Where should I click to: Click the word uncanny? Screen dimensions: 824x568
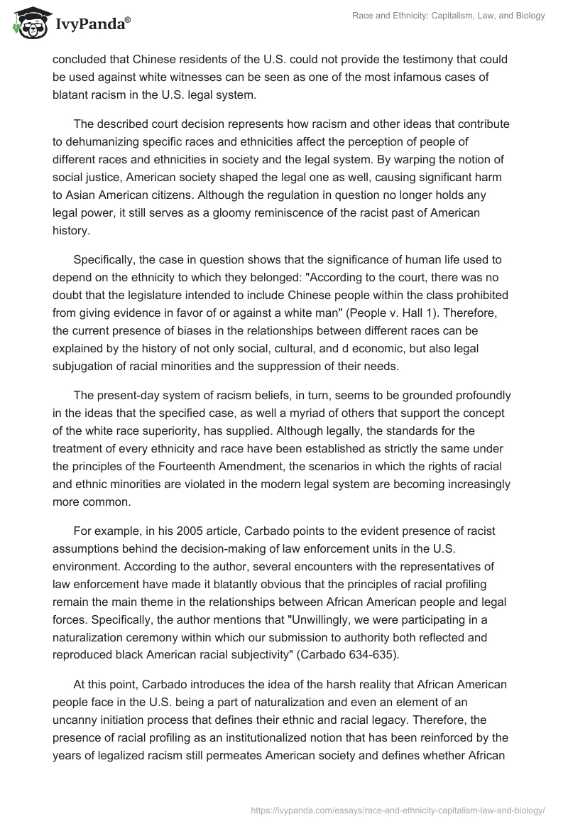click(75, 718)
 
